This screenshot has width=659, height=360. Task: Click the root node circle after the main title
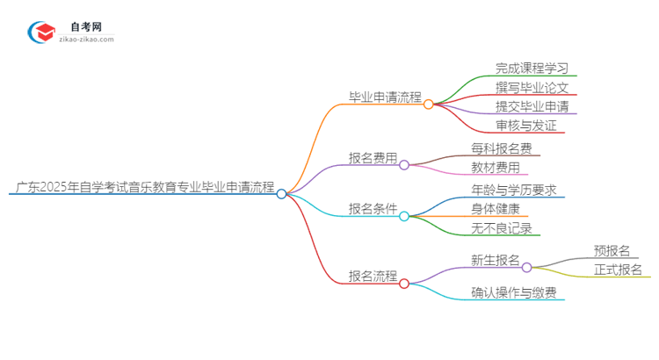[x=281, y=194]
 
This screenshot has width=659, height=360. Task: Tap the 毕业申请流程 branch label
[x=385, y=97]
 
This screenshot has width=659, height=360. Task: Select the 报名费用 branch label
[x=373, y=158]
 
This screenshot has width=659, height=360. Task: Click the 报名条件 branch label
[x=373, y=209]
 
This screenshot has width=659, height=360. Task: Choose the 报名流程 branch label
[x=373, y=275]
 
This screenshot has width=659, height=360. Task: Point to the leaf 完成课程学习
[x=532, y=68]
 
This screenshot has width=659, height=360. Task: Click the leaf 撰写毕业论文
[x=532, y=87]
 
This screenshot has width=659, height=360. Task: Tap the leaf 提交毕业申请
[x=532, y=106]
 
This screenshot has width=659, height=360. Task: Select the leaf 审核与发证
[x=525, y=126]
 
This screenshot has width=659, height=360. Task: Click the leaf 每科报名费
[x=501, y=148]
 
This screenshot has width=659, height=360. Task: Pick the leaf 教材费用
[x=495, y=167]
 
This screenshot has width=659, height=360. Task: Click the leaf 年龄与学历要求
[x=513, y=190]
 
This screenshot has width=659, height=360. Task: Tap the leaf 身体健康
[x=495, y=209]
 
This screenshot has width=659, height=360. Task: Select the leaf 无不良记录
[x=501, y=228]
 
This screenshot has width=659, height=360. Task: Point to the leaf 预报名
[x=612, y=251]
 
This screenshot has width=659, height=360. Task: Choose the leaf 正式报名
[x=618, y=270]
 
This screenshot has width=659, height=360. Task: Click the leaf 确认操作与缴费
[x=513, y=292]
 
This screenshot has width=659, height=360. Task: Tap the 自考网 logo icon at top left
[x=41, y=32]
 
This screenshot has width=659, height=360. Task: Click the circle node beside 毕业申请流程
[x=429, y=104]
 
